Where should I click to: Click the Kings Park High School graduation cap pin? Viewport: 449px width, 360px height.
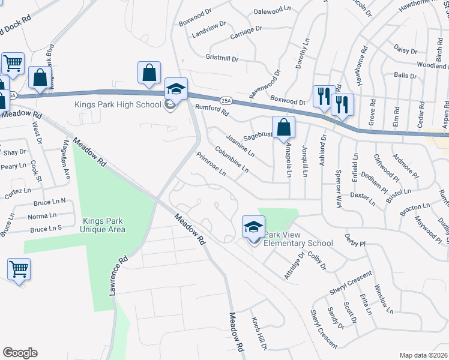pyautogui.click(x=176, y=89)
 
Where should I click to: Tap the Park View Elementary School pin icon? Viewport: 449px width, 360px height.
pyautogui.click(x=253, y=227)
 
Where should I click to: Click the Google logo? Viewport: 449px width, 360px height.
pyautogui.click(x=20, y=353)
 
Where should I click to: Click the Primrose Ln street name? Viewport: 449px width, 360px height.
pyautogui.click(x=211, y=164)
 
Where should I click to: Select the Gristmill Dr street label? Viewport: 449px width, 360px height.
pyautogui.click(x=222, y=59)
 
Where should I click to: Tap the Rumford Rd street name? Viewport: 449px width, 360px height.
pyautogui.click(x=212, y=110)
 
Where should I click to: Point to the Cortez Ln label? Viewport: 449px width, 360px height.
pyautogui.click(x=17, y=193)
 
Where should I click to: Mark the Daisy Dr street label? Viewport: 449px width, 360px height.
pyautogui.click(x=405, y=48)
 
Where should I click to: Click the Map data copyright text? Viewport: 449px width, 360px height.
pyautogui.click(x=424, y=355)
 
